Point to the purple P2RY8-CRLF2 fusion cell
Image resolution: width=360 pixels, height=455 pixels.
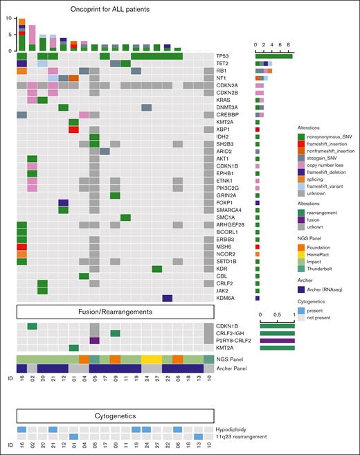(95, 341)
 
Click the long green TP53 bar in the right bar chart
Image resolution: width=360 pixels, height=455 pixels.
(273, 55)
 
